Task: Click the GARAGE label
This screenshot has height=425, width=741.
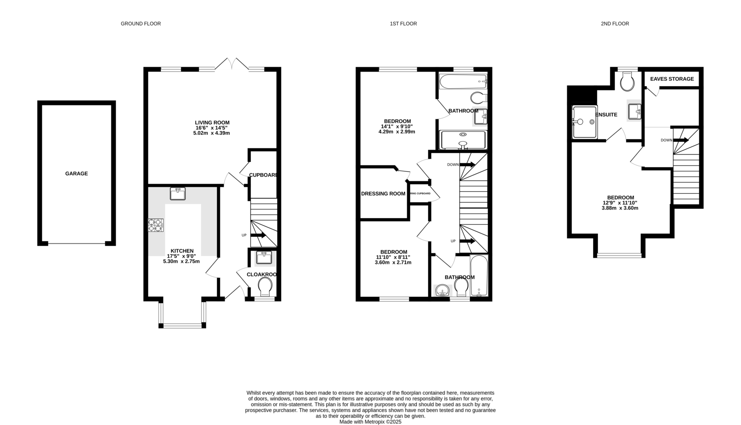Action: point(76,173)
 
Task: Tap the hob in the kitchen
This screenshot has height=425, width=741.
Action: point(156,225)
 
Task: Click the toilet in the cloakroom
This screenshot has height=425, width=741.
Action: point(265,287)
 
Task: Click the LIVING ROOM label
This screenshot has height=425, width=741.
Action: point(212,122)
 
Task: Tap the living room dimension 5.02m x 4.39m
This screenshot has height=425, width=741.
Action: point(211,133)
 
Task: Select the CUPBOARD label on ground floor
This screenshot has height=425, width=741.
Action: point(263,175)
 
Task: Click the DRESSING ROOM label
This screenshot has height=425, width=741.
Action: point(383,194)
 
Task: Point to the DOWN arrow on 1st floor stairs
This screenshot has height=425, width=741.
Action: point(467,165)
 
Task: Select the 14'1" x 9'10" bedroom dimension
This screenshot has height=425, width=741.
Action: point(397,126)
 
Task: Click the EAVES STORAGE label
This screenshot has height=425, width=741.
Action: point(672,79)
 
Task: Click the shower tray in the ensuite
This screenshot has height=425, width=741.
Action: point(584,122)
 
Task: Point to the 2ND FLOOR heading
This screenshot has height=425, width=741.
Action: point(615,24)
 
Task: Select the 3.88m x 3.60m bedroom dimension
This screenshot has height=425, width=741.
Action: point(620,208)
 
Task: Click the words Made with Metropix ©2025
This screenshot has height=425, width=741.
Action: point(370,422)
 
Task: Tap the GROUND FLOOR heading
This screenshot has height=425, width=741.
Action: point(140,24)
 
